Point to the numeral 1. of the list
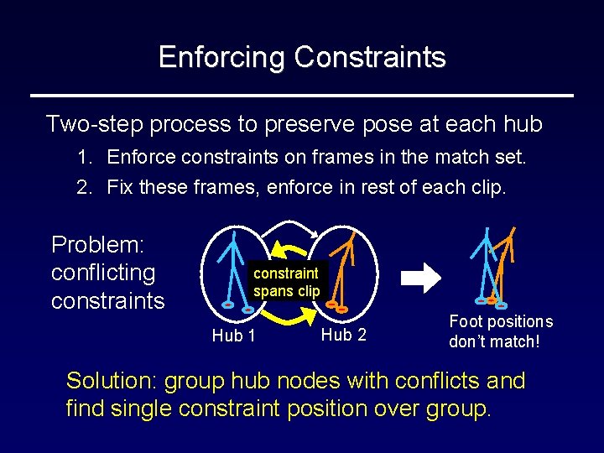pos(85,157)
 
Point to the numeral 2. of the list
pos(85,185)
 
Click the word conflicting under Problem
pos(103,273)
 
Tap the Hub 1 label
pos(233,336)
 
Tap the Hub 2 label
pos(344,335)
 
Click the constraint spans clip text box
pos(286,282)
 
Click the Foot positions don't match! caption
pos(501,331)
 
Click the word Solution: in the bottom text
pos(112,381)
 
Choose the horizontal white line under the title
pos(302,96)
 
